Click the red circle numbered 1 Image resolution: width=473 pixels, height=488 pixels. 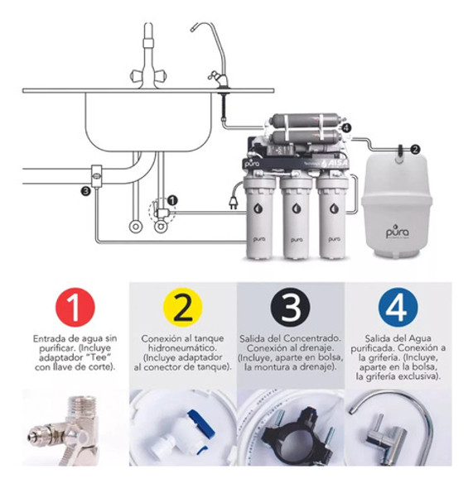[75, 308]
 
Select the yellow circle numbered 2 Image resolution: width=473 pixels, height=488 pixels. [183, 308]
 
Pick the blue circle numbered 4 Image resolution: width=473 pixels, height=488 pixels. [398, 308]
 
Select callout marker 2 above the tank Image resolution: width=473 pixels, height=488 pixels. [415, 149]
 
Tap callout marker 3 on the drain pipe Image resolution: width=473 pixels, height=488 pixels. [85, 191]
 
